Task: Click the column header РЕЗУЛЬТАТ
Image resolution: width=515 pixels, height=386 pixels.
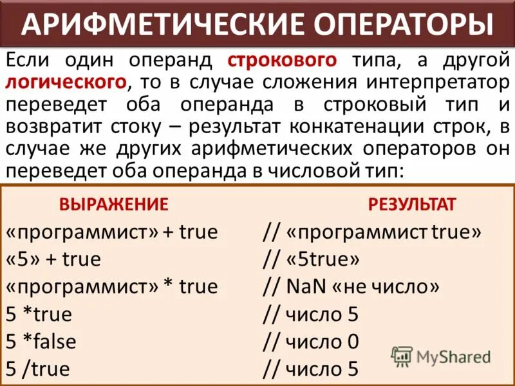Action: [412, 205]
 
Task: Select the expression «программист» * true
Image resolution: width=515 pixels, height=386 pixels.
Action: [111, 287]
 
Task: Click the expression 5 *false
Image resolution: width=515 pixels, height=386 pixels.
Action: [41, 342]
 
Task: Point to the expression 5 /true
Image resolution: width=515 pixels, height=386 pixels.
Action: [37, 369]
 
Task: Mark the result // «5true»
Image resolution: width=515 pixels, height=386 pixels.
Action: [312, 259]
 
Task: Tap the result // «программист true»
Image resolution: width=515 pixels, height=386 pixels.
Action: [372, 232]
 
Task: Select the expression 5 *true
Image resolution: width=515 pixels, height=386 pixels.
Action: [38, 315]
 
